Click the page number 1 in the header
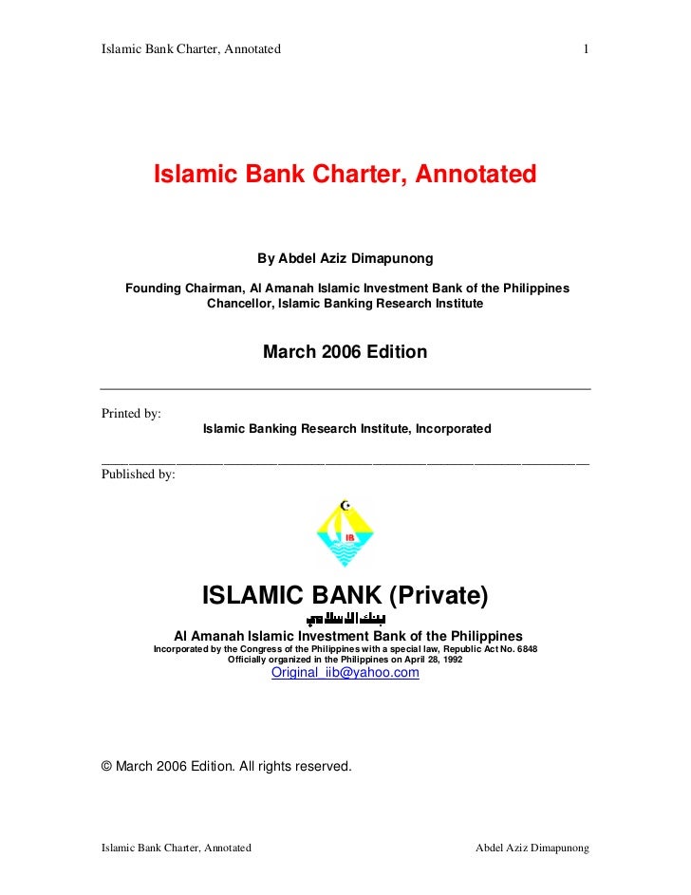588,48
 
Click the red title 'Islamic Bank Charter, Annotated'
345,175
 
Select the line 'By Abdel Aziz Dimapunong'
345,258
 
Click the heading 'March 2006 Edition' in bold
345,352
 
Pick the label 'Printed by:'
131,414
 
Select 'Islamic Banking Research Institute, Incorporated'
346,429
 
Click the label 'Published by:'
138,474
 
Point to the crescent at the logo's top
345,504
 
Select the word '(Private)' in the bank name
439,596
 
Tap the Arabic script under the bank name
345,619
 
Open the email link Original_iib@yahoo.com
345,673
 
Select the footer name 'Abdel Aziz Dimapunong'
532,848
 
